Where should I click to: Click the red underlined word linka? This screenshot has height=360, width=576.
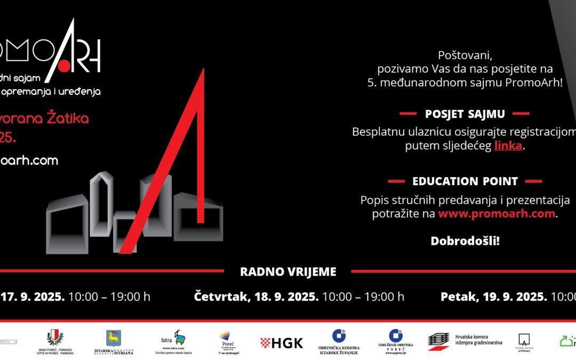pos(508,146)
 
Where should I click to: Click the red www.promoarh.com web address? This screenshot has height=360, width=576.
pos(497,214)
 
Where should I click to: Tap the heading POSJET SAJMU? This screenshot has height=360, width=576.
pos(465,114)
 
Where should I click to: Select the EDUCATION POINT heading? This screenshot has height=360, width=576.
pos(465,181)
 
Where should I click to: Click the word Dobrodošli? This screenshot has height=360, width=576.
pos(465,241)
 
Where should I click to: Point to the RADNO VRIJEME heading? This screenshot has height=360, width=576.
pos(288,271)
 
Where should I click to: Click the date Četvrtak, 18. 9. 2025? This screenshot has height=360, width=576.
pos(257,297)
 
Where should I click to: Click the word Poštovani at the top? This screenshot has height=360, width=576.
pos(465,55)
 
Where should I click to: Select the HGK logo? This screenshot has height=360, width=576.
pos(282,343)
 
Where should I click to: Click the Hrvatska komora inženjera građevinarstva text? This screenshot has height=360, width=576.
pos(478,340)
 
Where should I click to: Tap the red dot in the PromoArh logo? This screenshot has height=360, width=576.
pos(63,67)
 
